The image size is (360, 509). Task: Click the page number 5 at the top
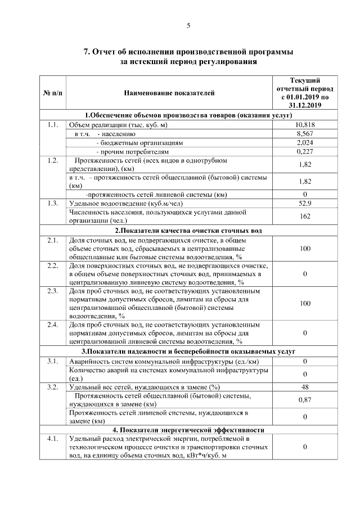(x=188, y=25)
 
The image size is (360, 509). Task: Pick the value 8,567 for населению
(x=304, y=134)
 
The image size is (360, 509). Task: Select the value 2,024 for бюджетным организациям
(x=304, y=143)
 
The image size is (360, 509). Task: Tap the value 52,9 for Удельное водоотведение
(x=304, y=203)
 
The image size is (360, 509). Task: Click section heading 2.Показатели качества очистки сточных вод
(x=188, y=231)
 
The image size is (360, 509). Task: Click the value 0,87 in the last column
(x=304, y=399)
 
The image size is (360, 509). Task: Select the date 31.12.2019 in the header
(x=304, y=105)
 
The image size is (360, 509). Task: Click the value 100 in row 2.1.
(x=304, y=248)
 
